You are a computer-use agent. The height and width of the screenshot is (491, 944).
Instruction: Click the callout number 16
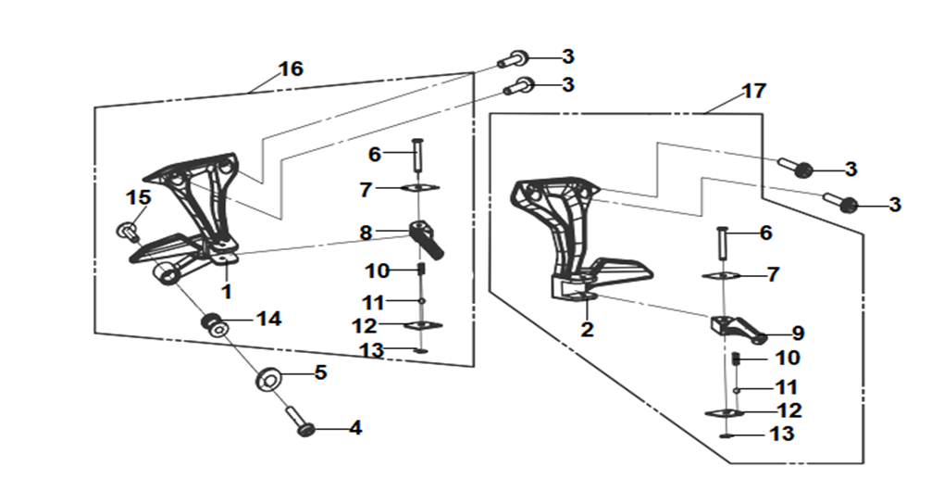click(x=291, y=69)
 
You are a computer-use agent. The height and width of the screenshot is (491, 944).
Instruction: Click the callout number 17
click(x=753, y=91)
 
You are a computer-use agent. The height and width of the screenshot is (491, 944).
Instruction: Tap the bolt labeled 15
click(x=128, y=232)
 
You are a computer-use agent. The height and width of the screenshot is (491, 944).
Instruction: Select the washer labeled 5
click(x=269, y=381)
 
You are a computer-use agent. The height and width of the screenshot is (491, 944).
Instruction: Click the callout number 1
click(x=227, y=292)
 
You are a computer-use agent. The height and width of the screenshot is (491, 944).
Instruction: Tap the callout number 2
click(x=587, y=329)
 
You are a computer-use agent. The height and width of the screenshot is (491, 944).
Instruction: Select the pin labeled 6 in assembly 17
click(x=723, y=242)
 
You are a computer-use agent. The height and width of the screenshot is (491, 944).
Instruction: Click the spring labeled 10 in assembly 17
click(x=736, y=359)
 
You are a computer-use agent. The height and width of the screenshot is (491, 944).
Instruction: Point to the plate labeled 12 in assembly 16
click(x=423, y=326)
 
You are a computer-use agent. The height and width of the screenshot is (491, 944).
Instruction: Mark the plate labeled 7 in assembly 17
click(x=721, y=276)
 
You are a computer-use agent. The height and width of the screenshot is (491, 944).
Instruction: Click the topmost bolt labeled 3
click(x=513, y=59)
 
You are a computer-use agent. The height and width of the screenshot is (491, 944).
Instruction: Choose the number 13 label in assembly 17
click(x=782, y=434)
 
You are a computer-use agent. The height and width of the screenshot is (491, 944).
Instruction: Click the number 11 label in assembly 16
click(x=373, y=301)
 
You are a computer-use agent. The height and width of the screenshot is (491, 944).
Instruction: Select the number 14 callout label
click(x=268, y=319)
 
